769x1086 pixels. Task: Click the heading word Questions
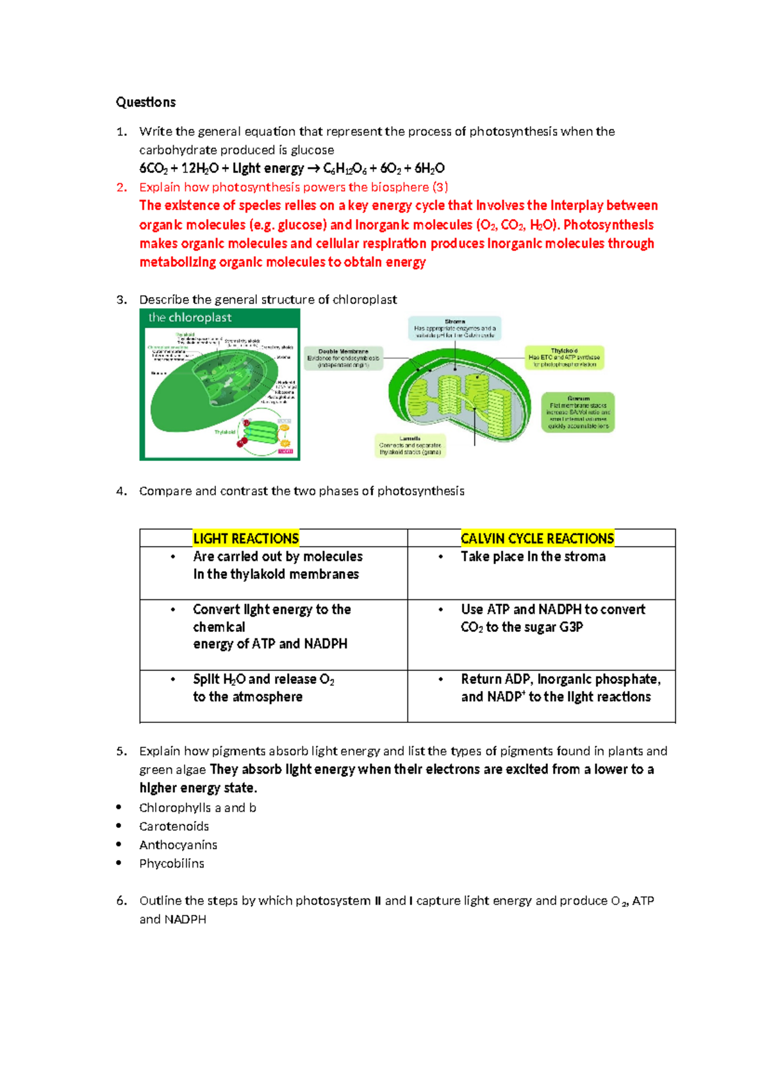point(145,102)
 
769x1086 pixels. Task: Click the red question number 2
point(122,188)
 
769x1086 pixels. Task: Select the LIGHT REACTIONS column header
point(246,539)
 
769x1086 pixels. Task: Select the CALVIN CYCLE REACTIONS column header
point(537,539)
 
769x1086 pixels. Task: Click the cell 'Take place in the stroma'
point(533,557)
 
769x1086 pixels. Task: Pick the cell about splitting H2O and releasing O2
point(263,688)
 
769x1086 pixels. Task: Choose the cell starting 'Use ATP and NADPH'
point(552,618)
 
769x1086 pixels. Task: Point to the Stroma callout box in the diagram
point(455,328)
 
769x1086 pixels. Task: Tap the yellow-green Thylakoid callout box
point(564,358)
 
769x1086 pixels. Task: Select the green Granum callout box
point(578,412)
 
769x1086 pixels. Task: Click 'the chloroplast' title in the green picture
point(190,318)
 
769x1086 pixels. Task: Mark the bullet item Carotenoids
point(174,827)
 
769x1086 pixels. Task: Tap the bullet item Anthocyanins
point(178,845)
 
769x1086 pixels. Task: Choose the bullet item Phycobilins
point(172,864)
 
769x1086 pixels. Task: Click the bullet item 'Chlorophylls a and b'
point(197,808)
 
